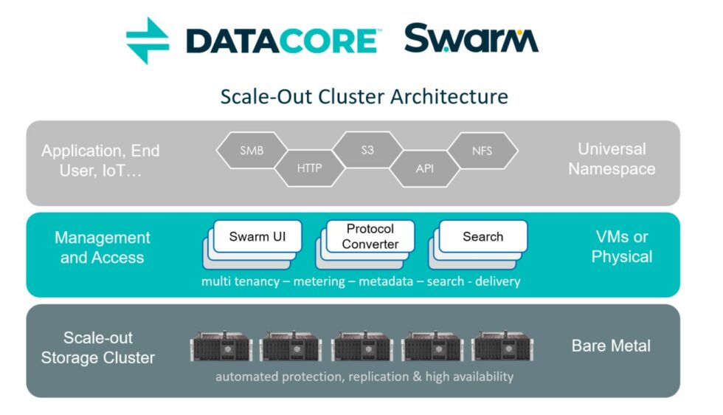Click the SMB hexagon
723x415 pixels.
point(252,151)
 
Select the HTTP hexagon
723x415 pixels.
point(309,168)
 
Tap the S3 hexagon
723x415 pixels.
point(367,151)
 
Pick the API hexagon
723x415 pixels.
point(424,168)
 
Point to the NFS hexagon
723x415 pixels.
point(482,151)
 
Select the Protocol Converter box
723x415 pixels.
point(370,236)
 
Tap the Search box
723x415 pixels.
point(482,237)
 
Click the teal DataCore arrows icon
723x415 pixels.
point(147,41)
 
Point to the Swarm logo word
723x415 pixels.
point(471,39)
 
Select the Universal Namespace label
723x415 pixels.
point(611,159)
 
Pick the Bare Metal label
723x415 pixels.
point(611,346)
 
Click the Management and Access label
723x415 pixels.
point(102,247)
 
